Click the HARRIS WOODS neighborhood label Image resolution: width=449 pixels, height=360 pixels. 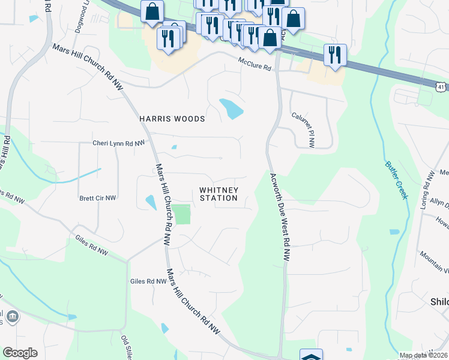tap(172, 119)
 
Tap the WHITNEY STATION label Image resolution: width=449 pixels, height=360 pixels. tap(218, 194)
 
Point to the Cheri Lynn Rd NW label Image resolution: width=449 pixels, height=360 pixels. tap(119, 143)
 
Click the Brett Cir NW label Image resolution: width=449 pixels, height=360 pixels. tap(98, 197)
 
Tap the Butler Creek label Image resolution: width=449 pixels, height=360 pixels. tap(397, 179)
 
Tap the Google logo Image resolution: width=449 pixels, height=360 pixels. tap(20, 353)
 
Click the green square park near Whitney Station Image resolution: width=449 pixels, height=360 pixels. tap(182, 214)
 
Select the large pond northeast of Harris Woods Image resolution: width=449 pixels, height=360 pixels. tap(232, 108)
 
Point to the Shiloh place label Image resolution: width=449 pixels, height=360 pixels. tap(440, 301)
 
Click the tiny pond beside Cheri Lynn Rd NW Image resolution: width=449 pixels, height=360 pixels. tap(174, 147)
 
